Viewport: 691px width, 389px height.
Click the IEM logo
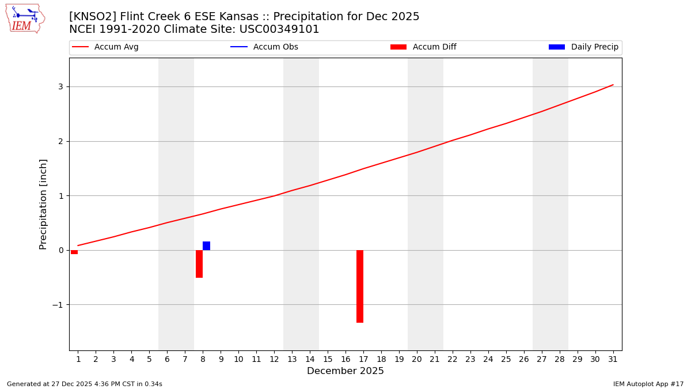pos(25,18)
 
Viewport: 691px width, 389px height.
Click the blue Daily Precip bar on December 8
pos(206,246)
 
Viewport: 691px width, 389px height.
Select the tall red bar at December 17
pos(360,286)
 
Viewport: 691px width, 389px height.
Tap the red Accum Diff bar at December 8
pos(199,264)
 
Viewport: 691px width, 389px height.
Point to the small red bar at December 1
pos(74,252)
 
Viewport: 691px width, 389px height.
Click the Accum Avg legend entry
pos(105,47)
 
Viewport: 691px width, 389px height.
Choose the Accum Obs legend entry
pos(264,47)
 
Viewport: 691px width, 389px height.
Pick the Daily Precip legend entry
pos(584,47)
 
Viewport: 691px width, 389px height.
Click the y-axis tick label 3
pos(60,87)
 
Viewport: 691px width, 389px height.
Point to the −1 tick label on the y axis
pos(58,305)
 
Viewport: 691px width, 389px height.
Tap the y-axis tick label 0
pos(60,250)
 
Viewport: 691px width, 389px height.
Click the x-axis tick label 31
pos(613,360)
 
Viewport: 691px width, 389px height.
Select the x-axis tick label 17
pos(363,360)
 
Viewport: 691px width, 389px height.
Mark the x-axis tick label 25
pos(506,360)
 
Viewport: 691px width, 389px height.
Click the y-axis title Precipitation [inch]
pos(43,204)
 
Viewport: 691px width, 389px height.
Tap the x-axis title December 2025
pos(345,371)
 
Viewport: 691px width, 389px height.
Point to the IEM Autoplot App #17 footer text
pos(648,384)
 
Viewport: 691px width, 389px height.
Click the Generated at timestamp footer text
pos(85,384)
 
